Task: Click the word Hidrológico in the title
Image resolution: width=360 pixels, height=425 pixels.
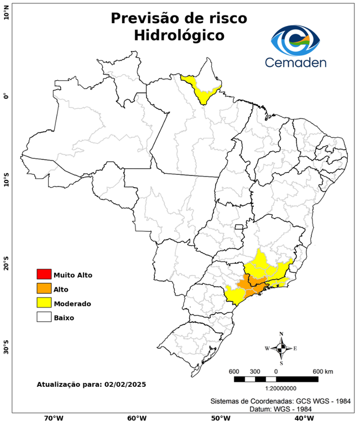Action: [179, 36]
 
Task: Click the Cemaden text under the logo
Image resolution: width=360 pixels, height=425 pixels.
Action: [295, 62]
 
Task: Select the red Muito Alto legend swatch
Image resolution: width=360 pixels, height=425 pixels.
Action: [44, 274]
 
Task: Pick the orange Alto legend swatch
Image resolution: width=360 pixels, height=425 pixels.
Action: [44, 289]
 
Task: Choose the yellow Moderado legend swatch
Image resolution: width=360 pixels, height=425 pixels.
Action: [44, 303]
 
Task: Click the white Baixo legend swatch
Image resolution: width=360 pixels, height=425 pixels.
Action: [44, 318]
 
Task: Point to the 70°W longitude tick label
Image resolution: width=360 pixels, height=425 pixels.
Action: [54, 418]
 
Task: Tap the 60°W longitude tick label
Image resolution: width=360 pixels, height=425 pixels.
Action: [137, 418]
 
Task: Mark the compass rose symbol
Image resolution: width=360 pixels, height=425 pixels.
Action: [281, 348]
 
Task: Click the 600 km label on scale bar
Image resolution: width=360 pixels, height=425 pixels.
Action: [323, 371]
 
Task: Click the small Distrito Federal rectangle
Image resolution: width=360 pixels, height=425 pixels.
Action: [239, 227]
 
